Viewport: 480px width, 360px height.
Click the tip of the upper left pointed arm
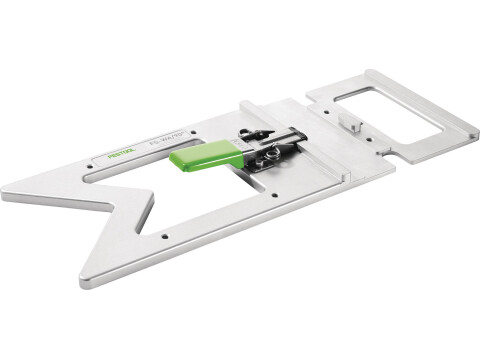pos(8,192)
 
